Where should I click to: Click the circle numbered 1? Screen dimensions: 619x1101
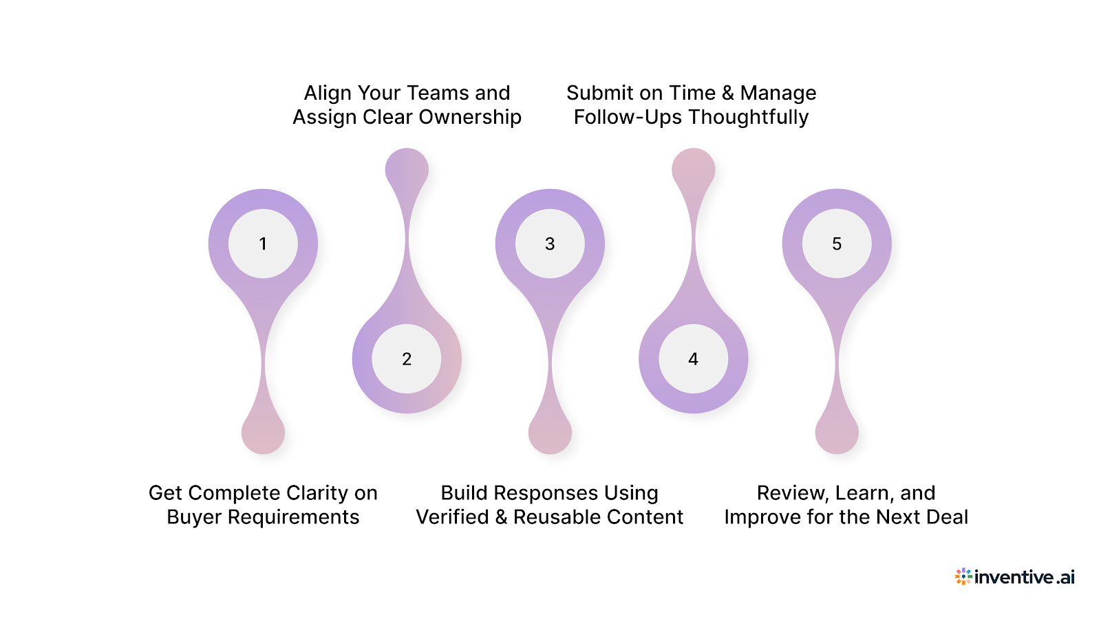(x=263, y=243)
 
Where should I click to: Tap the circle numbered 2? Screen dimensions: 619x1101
(x=407, y=358)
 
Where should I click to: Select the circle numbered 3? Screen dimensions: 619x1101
(x=550, y=243)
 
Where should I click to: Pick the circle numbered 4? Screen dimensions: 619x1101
(x=693, y=358)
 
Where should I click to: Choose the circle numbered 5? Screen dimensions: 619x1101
(x=837, y=243)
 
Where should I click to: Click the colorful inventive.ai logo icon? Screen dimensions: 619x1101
(x=963, y=576)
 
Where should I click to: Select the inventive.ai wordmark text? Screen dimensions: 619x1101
(x=1024, y=577)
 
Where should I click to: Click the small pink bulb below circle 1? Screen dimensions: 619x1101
(x=263, y=433)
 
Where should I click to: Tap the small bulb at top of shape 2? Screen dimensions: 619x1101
(x=407, y=169)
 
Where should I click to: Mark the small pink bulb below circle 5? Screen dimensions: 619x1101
(x=837, y=433)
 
